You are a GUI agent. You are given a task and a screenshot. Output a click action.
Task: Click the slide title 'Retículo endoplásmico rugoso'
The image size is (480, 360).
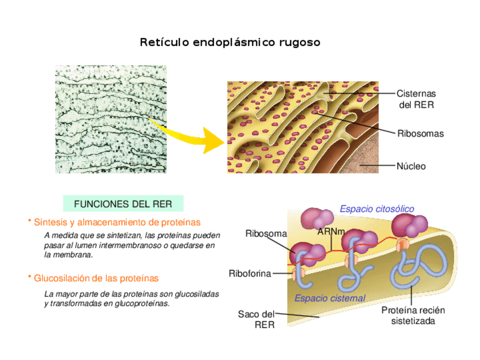click(x=230, y=42)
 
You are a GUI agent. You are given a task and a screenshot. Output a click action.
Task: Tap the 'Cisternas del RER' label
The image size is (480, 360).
click(x=415, y=99)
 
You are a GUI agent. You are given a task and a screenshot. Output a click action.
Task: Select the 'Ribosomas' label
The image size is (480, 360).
click(x=420, y=134)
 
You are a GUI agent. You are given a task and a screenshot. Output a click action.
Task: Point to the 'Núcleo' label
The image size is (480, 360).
click(x=411, y=166)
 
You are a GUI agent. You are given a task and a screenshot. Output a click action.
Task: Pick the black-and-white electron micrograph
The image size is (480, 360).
click(x=110, y=119)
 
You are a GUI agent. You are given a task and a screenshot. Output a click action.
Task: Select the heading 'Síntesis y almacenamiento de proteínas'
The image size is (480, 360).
click(x=117, y=222)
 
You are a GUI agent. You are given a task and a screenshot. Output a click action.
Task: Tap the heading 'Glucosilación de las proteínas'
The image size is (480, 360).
click(x=96, y=278)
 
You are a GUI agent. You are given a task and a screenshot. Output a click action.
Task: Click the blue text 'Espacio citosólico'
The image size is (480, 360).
click(x=376, y=209)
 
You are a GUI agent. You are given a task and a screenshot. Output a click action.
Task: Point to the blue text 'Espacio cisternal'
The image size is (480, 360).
click(x=329, y=298)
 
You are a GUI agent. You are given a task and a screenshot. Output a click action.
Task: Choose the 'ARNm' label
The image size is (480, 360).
click(x=331, y=232)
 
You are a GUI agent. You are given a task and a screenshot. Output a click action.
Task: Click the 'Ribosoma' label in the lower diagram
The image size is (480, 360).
click(x=266, y=233)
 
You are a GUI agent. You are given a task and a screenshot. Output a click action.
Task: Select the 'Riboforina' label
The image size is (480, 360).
click(x=250, y=273)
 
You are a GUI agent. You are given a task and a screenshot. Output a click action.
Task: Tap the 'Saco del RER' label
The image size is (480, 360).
click(x=256, y=319)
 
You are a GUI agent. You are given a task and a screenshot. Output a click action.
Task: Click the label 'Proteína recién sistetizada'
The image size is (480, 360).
click(x=413, y=315)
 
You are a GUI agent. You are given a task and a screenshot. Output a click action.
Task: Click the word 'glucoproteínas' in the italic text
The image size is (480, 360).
click(x=141, y=303)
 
